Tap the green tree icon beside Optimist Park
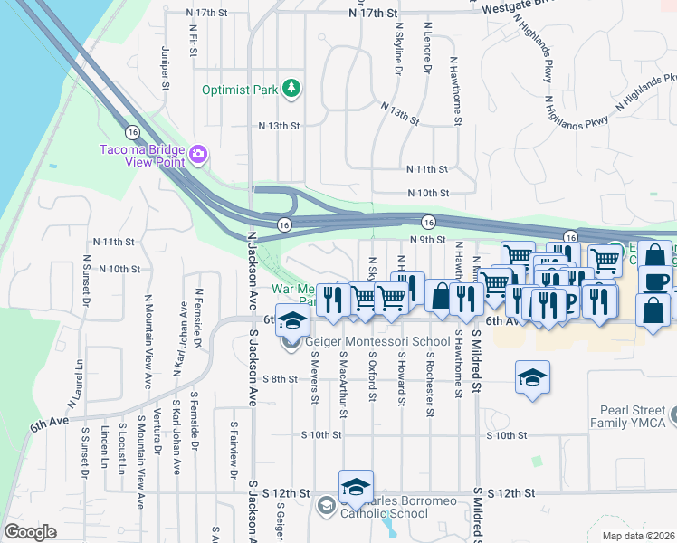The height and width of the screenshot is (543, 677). (x=291, y=88)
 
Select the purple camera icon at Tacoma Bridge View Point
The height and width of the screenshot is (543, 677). (x=198, y=156)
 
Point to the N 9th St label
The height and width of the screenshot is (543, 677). (x=428, y=240)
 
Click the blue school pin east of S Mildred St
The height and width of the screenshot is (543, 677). (x=532, y=377)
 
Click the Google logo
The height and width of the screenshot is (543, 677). (x=30, y=531)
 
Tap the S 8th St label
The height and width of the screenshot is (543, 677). (x=280, y=378)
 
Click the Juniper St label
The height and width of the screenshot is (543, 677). (x=165, y=69)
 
